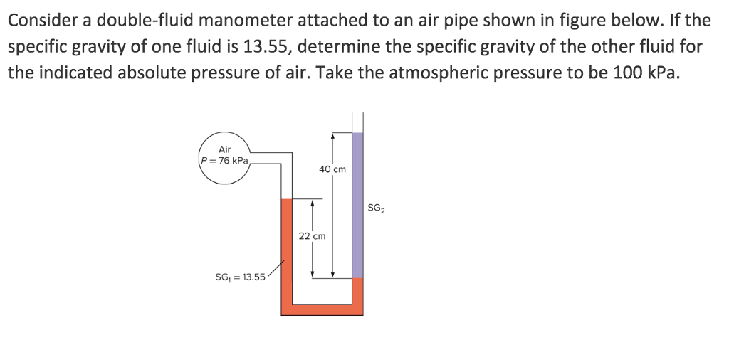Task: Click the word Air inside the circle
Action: coord(224,149)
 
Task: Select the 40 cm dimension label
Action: coord(332,169)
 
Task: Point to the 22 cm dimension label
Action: coord(313,236)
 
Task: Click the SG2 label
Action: coord(376,208)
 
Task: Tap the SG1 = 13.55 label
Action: coord(240,277)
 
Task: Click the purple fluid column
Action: coord(357,206)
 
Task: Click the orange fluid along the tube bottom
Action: coord(322,309)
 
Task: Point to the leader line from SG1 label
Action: coord(276,269)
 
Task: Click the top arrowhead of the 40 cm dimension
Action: coord(332,137)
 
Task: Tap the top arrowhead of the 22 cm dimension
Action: coord(313,203)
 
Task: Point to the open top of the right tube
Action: coord(357,113)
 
